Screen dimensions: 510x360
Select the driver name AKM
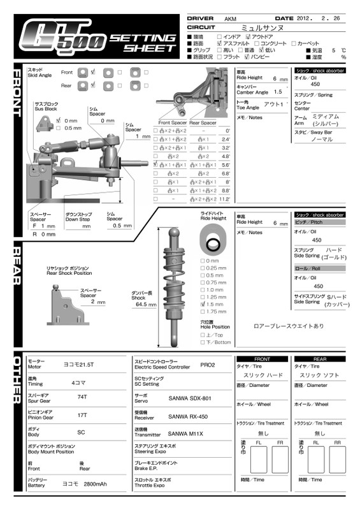tap(231, 19)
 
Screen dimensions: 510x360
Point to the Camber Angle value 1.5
tap(278, 92)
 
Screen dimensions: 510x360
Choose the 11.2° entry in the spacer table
tap(224, 200)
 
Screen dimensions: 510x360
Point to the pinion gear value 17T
tap(82, 414)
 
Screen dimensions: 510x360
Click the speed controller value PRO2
tap(207, 365)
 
